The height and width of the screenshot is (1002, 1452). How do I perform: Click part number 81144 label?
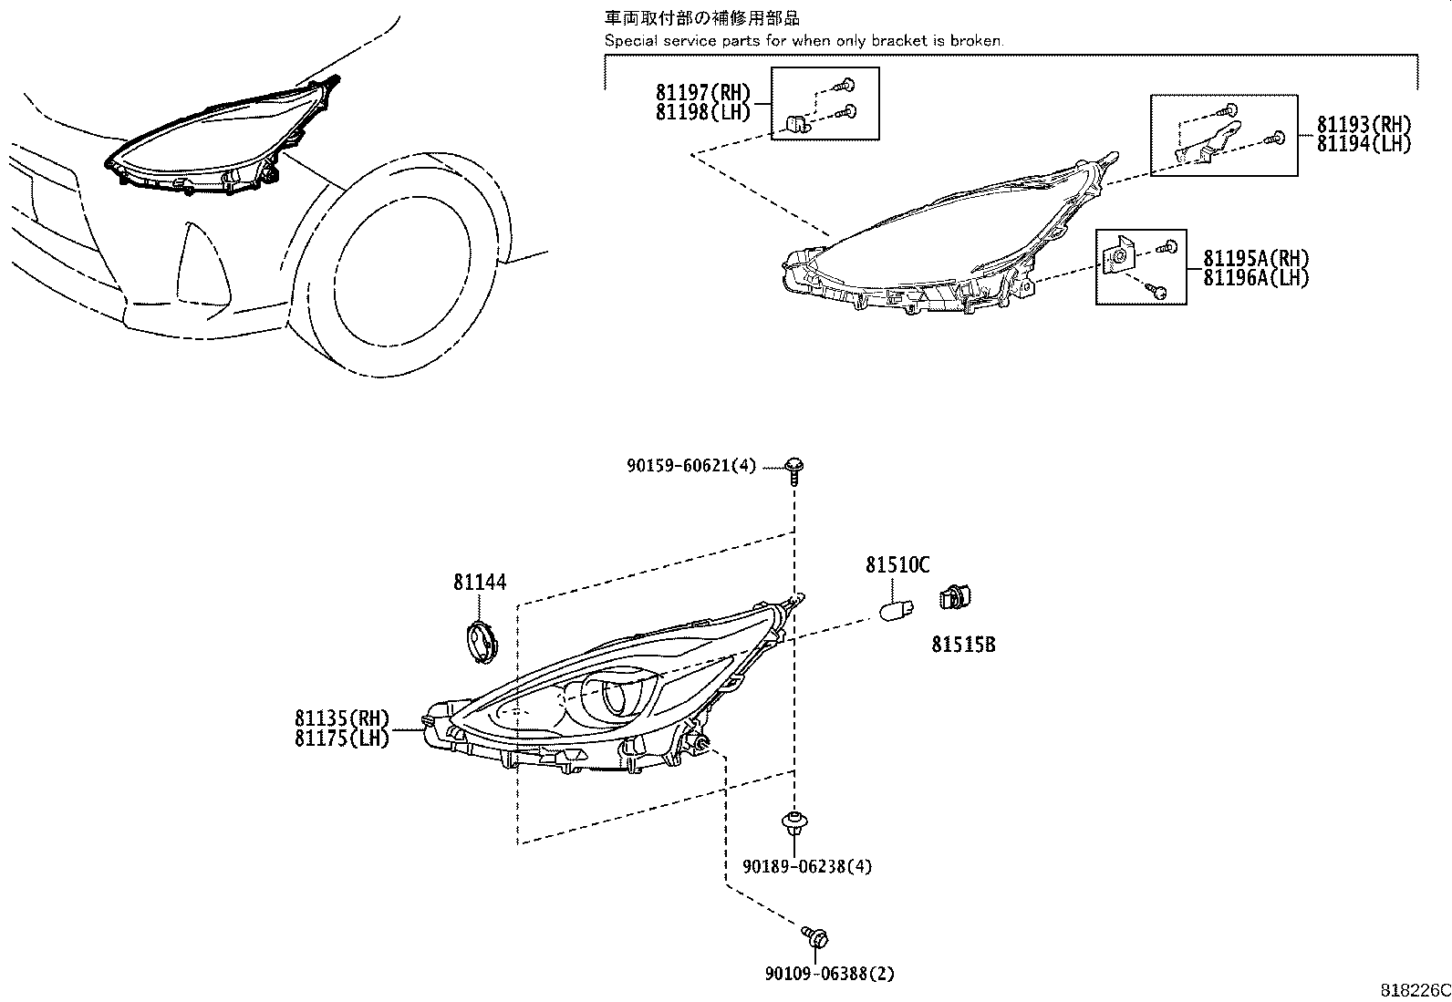pos(480,582)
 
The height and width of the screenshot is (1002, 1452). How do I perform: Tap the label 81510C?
pos(897,566)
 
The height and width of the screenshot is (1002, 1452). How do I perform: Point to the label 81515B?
pos(963,645)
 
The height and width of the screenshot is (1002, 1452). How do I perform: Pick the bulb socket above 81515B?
pos(954,599)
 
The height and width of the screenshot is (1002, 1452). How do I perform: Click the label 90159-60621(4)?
pos(691,466)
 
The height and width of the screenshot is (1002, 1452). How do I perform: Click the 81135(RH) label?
pos(342,718)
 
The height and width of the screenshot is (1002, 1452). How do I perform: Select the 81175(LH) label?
pos(342,738)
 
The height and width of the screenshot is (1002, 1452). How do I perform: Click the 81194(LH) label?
pos(1364,143)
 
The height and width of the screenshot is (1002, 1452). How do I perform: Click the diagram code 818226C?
pos(1414,990)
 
